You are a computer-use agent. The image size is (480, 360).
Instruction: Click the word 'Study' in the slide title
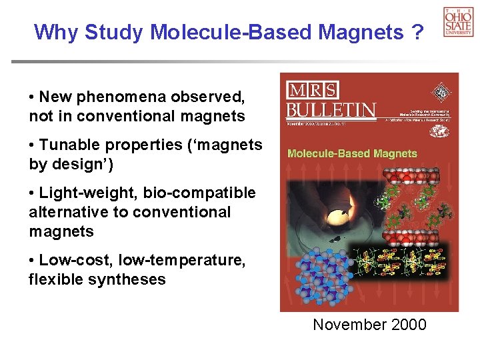point(115,31)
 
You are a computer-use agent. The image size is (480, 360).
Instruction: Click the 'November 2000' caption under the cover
point(369,325)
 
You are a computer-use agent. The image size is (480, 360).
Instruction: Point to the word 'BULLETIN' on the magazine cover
point(331,109)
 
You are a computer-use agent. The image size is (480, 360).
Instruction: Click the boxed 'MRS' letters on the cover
point(312,90)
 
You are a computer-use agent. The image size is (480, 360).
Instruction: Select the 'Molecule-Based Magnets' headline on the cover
point(352,153)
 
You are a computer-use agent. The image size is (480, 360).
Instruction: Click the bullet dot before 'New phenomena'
point(33,97)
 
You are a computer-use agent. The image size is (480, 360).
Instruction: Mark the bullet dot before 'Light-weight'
point(33,193)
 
